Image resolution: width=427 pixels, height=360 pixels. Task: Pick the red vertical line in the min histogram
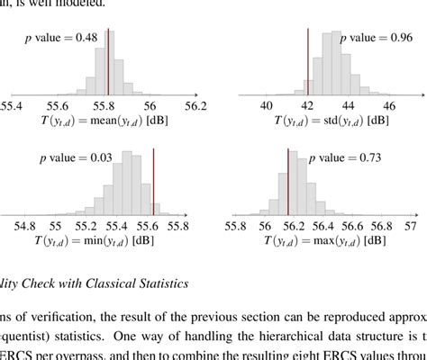[x=153, y=184]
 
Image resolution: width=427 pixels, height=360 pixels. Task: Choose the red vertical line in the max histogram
[x=287, y=184]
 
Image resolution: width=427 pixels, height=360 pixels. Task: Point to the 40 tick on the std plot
[x=267, y=105]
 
